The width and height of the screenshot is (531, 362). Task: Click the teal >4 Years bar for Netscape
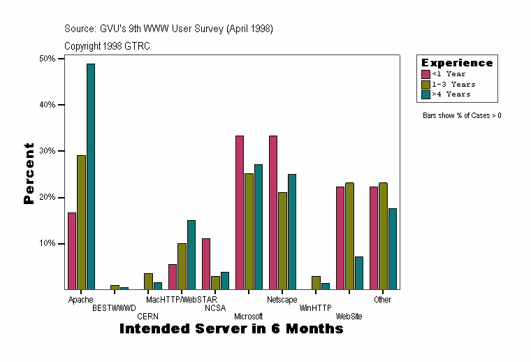[292, 231]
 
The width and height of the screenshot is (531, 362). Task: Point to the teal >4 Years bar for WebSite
[359, 273]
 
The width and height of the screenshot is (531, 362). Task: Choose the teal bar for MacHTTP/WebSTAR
[191, 254]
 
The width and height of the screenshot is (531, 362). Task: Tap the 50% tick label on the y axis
[48, 59]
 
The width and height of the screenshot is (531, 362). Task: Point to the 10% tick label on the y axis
[48, 244]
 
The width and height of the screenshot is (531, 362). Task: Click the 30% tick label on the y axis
[48, 151]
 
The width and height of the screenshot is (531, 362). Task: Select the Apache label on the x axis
[81, 300]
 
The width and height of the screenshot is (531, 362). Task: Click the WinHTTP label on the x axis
[316, 307]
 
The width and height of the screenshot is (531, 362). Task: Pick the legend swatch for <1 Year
[425, 74]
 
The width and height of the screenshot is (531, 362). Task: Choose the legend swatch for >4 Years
[425, 94]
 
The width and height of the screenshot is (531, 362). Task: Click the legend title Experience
[456, 63]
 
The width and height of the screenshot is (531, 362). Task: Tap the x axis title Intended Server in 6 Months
[231, 328]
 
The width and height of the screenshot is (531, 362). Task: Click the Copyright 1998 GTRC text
[107, 46]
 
